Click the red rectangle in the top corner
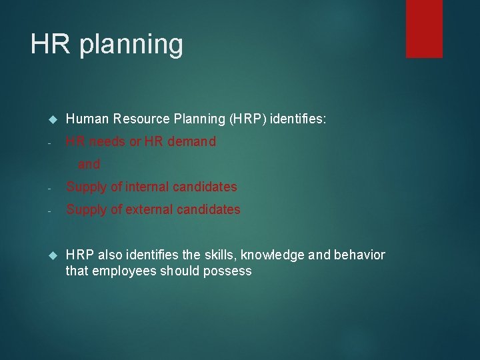[424, 28]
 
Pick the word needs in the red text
[108, 141]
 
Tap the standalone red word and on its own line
[89, 164]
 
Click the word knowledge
[274, 255]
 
